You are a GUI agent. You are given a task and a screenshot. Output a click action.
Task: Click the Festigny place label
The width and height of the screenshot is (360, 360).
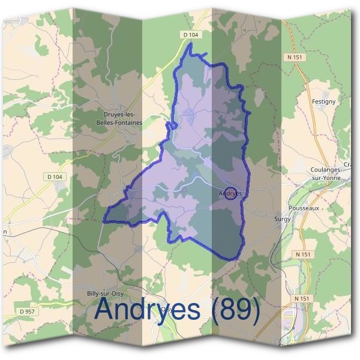tap(324, 102)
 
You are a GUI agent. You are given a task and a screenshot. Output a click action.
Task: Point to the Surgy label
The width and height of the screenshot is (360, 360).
tap(282, 220)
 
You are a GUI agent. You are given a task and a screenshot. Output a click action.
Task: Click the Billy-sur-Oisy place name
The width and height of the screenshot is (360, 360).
tap(105, 293)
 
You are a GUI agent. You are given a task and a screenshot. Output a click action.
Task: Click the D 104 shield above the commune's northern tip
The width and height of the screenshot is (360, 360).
tap(190, 35)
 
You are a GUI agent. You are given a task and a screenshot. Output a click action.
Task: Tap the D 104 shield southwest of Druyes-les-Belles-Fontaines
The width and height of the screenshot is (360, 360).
tap(54, 176)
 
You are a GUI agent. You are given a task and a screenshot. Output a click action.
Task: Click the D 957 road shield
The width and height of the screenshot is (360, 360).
tap(26, 311)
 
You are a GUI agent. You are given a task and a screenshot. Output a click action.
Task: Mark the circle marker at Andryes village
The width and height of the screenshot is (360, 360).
tap(231, 194)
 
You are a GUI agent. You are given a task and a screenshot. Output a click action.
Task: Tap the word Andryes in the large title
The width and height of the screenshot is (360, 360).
tap(148, 310)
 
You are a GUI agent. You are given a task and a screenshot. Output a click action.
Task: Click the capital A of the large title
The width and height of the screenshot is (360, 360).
tap(106, 309)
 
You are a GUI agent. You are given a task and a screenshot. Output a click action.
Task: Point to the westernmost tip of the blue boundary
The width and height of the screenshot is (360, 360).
tap(105, 221)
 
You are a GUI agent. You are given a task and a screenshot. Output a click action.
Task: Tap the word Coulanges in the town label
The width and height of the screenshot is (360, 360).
tap(325, 170)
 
